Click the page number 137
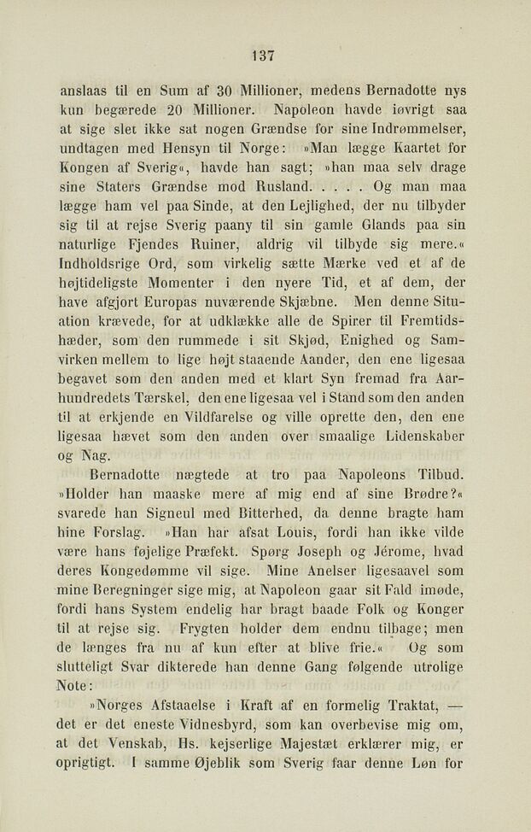pos(264,56)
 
